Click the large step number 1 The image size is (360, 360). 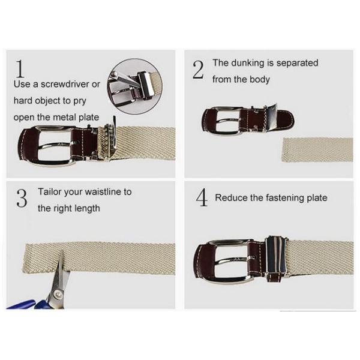20,68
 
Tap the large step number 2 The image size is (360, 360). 198,70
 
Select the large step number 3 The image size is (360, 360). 22,198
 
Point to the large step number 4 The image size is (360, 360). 202,197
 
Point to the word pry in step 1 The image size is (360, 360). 80,101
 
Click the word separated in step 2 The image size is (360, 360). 297,64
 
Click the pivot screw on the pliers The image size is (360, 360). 57,293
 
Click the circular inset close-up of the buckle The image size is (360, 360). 135,86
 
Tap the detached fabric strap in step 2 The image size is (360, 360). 317,149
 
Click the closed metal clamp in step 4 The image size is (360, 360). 277,259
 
